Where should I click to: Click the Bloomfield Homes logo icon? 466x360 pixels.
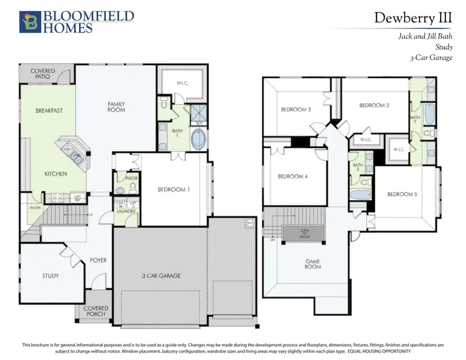(29, 22)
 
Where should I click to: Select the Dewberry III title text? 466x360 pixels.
(413, 18)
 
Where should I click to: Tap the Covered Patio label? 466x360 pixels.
(43, 74)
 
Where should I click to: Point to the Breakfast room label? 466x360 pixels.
(49, 110)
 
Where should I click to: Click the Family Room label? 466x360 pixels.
(116, 107)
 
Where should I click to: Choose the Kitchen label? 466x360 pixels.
(55, 174)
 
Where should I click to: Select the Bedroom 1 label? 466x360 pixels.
(173, 190)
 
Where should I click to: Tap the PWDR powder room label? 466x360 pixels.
(123, 178)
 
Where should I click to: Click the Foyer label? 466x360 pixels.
(98, 260)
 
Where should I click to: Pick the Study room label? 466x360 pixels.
(50, 276)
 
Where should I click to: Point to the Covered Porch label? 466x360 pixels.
(96, 311)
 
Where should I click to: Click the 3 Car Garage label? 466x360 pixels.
(162, 276)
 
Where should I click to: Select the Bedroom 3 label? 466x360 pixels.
(296, 109)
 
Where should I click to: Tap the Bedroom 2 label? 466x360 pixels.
(374, 105)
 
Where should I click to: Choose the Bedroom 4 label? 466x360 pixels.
(293, 177)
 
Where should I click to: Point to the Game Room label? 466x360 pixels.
(312, 264)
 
